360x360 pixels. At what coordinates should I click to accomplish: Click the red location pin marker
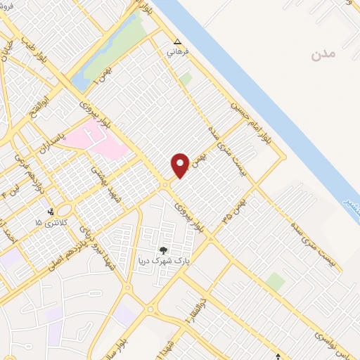(x=181, y=165)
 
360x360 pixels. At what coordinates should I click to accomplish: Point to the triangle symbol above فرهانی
(x=177, y=41)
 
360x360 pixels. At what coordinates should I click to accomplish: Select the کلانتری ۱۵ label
(x=49, y=222)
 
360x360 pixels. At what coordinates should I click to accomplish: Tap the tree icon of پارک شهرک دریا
(x=164, y=250)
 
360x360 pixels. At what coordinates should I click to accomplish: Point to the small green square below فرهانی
(x=185, y=79)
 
